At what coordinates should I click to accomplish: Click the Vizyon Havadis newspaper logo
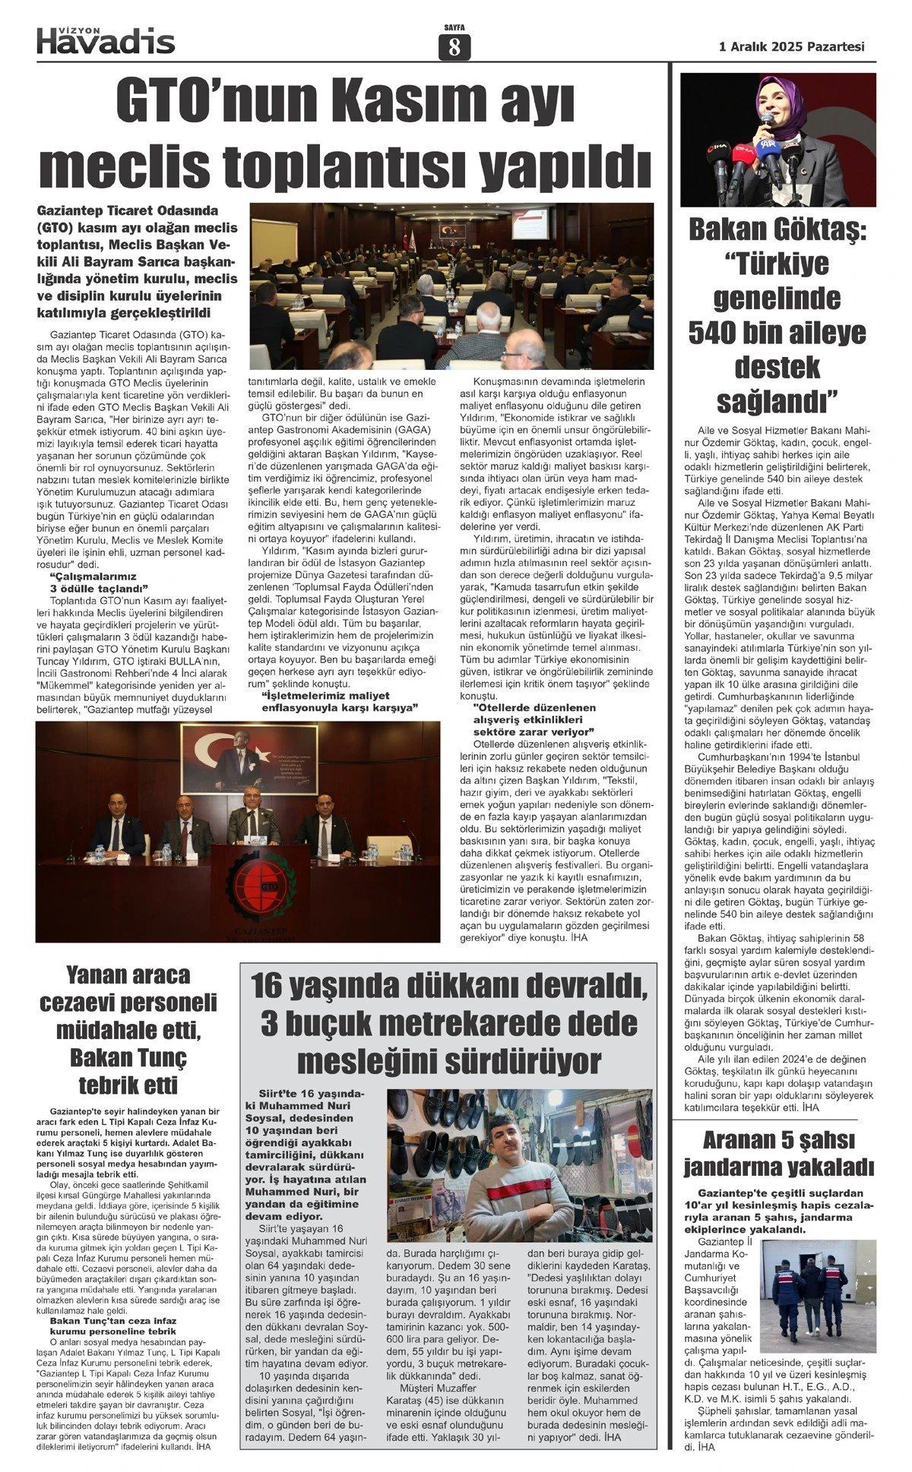[x=106, y=39]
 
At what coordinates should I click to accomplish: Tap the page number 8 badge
[x=454, y=48]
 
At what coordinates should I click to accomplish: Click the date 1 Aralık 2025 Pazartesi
[x=791, y=46]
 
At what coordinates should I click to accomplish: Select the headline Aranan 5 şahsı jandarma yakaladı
[x=777, y=1153]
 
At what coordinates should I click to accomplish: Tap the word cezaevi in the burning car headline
[x=89, y=1003]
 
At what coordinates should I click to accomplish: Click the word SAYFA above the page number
[x=454, y=28]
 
